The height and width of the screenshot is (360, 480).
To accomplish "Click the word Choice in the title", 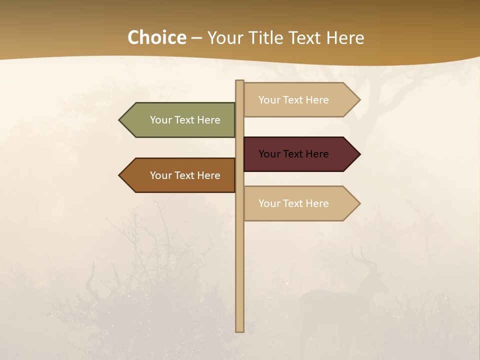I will (156, 38).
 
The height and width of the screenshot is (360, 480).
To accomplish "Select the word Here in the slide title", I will (345, 38).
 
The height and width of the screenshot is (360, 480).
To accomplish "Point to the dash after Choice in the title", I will (196, 38).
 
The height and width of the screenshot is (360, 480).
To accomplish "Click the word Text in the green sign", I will (185, 120).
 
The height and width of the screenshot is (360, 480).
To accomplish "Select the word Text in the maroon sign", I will (293, 154).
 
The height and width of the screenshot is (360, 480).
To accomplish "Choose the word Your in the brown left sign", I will (160, 175).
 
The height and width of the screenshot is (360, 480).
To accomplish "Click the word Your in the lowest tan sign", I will (268, 203).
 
